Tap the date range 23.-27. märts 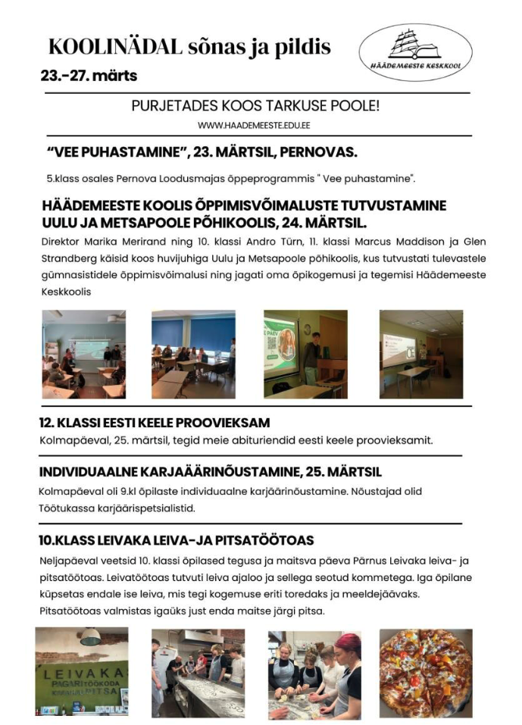(x=89, y=76)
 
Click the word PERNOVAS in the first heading (x=317, y=152)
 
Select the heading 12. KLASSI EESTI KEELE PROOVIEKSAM (x=155, y=423)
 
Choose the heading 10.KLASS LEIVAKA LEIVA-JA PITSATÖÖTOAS (x=176, y=540)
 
